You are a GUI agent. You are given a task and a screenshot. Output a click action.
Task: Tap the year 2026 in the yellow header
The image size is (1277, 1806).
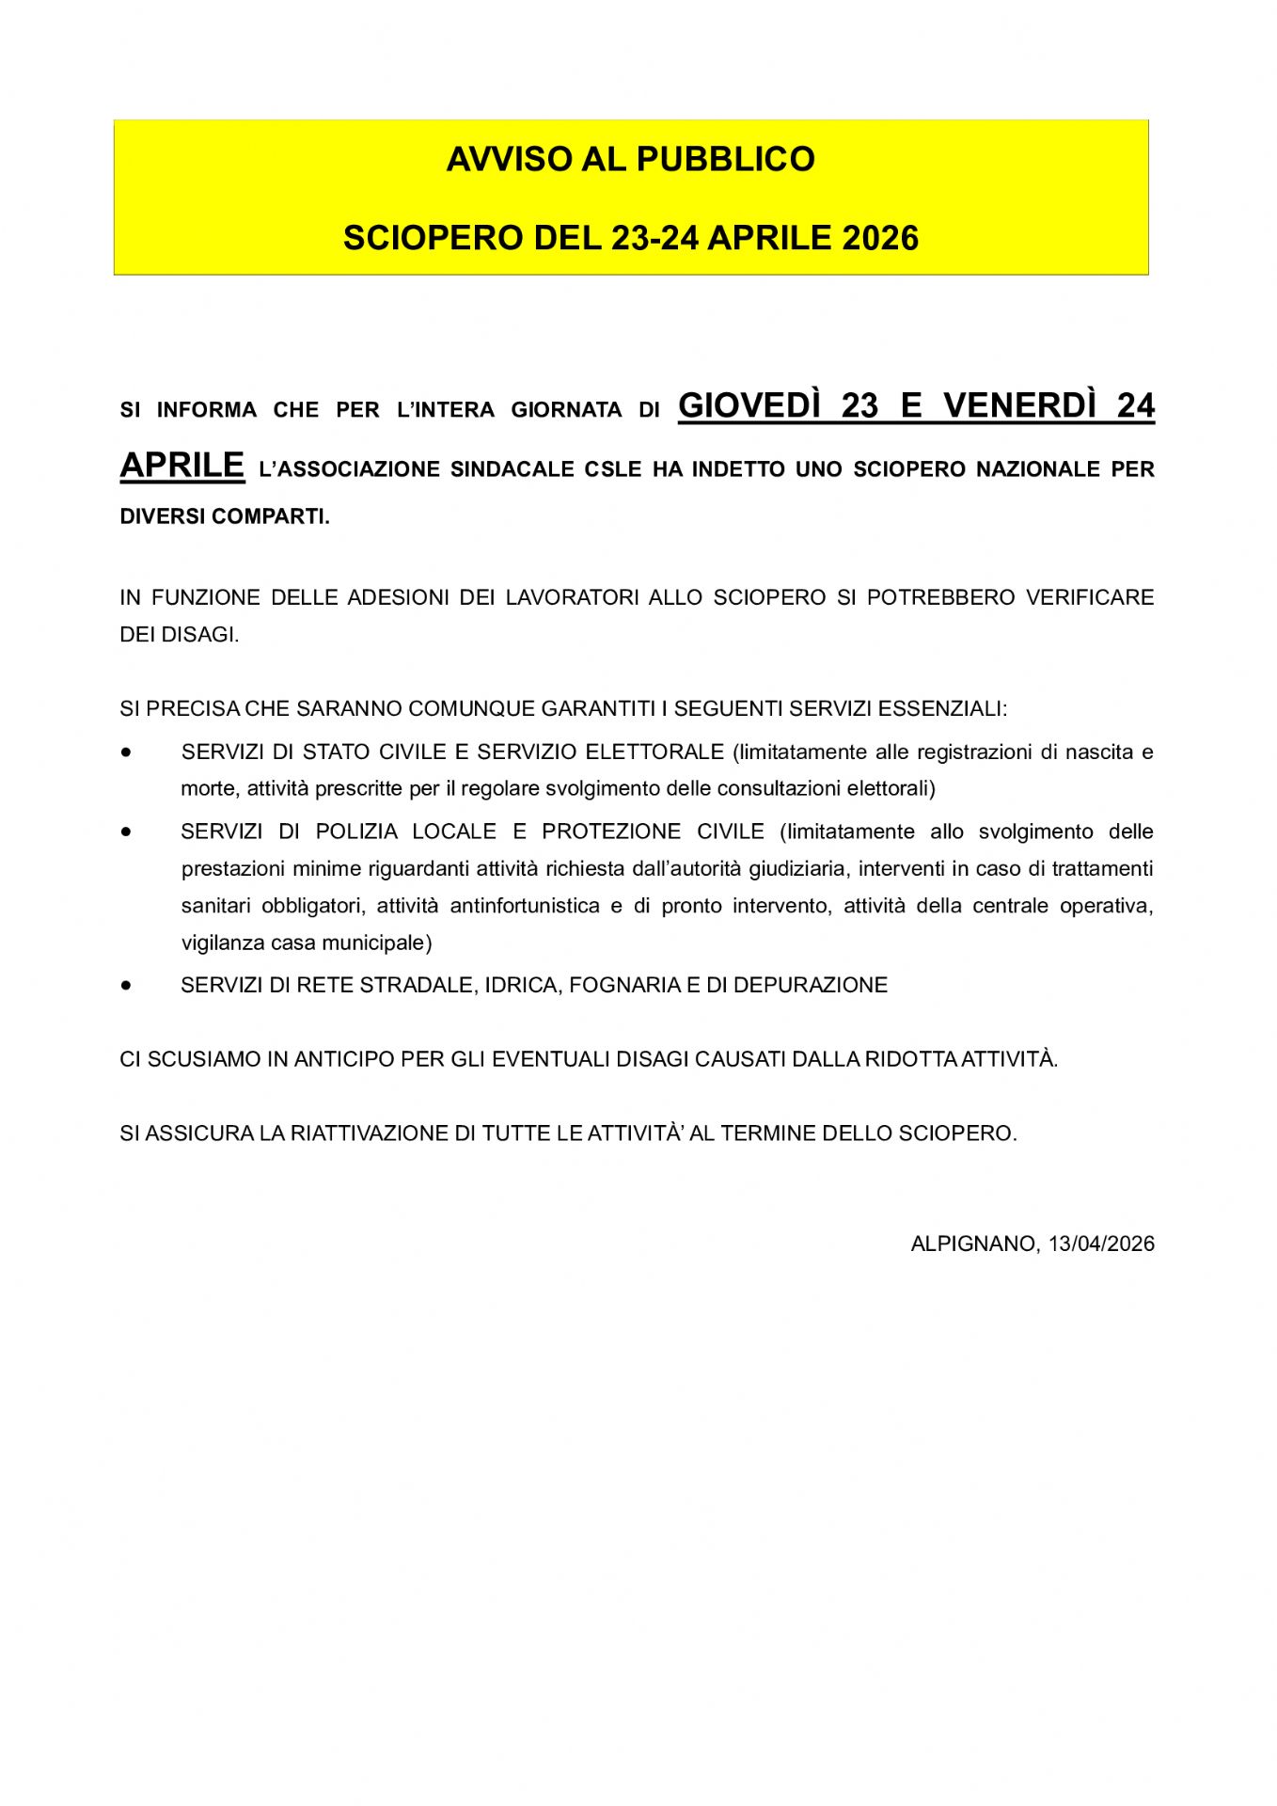pyautogui.click(x=879, y=238)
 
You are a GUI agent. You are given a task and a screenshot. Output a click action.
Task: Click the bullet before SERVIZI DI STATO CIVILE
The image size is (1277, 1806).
pyautogui.click(x=126, y=752)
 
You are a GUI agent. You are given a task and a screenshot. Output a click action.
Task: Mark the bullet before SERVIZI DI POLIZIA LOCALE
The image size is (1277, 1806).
pyautogui.click(x=126, y=832)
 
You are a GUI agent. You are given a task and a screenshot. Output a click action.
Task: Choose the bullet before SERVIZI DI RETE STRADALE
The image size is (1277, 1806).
pyautogui.click(x=126, y=985)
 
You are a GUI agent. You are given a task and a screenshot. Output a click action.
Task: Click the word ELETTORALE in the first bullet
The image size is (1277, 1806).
pyautogui.click(x=654, y=752)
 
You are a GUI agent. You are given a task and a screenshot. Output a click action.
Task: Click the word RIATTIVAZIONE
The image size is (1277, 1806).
pyautogui.click(x=369, y=1133)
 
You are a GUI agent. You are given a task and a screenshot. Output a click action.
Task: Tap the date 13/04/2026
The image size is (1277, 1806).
pyautogui.click(x=1101, y=1244)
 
